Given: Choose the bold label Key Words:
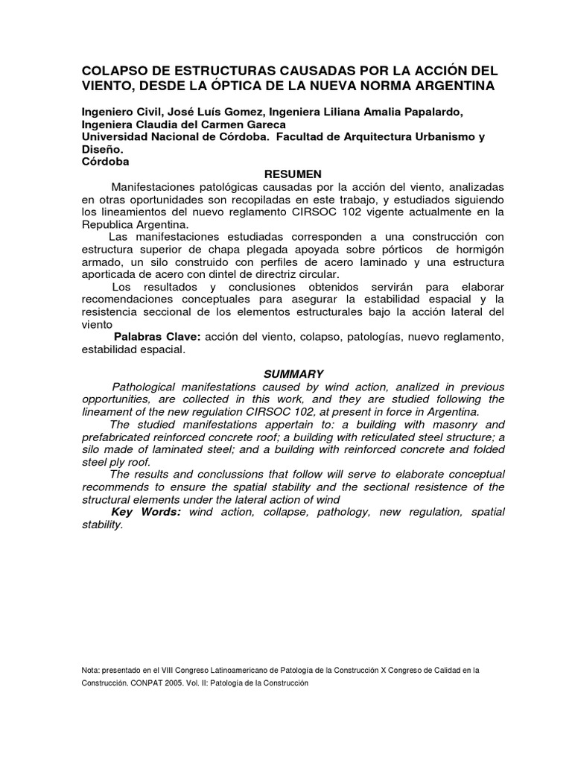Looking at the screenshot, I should pyautogui.click(x=146, y=513).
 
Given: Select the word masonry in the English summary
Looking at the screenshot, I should pyautogui.click(x=449, y=425).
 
